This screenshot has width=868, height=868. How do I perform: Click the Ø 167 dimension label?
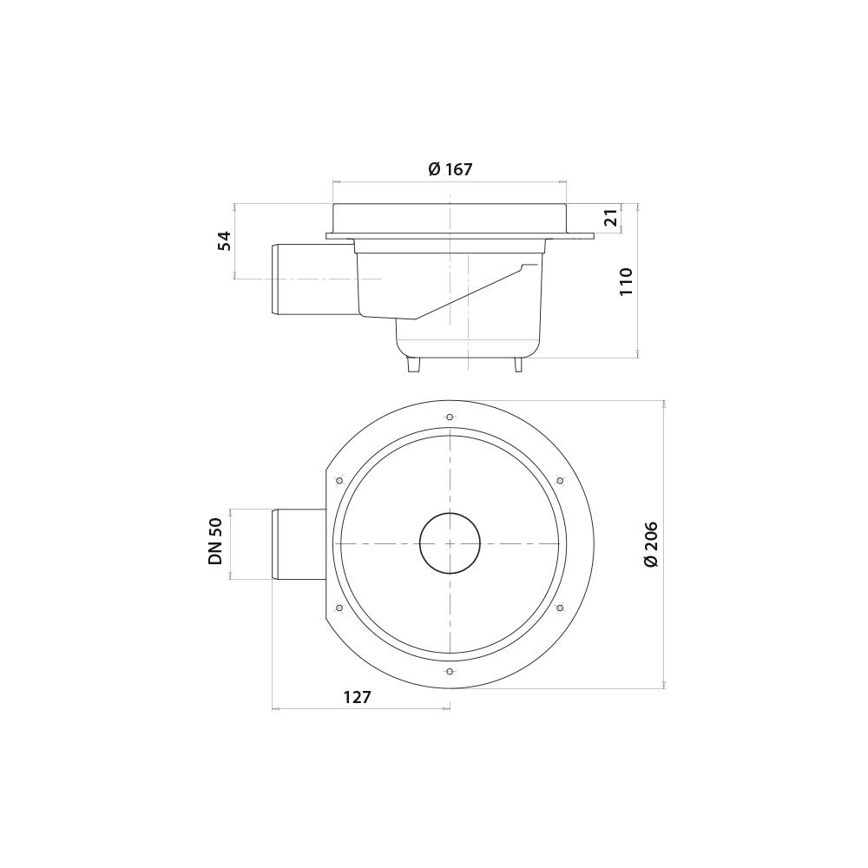click(x=450, y=169)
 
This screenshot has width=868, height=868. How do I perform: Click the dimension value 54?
click(x=225, y=240)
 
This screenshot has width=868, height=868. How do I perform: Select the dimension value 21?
click(x=612, y=219)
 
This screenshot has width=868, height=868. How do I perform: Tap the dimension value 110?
click(x=626, y=281)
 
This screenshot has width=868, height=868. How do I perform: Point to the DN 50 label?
click(x=215, y=542)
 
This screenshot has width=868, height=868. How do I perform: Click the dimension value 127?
click(x=357, y=697)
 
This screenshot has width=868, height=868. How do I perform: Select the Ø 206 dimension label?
click(x=651, y=544)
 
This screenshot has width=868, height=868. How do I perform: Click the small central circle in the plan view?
click(x=450, y=543)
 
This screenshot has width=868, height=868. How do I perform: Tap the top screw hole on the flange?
click(x=450, y=418)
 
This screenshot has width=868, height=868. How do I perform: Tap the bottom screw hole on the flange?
click(x=450, y=672)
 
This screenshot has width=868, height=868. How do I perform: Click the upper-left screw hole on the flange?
click(x=339, y=480)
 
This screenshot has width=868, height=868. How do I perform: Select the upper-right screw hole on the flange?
click(x=560, y=480)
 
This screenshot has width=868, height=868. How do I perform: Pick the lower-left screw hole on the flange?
click(x=339, y=608)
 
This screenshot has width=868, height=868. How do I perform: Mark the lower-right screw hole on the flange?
click(x=560, y=608)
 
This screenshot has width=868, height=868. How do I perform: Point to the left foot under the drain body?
click(x=414, y=365)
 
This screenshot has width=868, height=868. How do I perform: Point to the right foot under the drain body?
click(x=518, y=365)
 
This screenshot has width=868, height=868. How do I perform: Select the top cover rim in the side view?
click(x=450, y=217)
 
